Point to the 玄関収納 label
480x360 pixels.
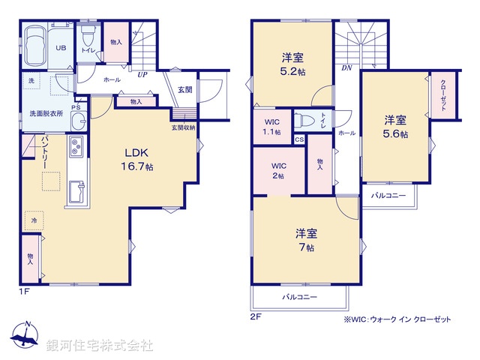tap(183, 127)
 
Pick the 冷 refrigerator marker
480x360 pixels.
tap(33, 220)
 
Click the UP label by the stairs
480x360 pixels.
tap(141, 75)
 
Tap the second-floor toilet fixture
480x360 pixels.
tap(304, 120)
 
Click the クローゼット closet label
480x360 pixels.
tap(442, 96)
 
